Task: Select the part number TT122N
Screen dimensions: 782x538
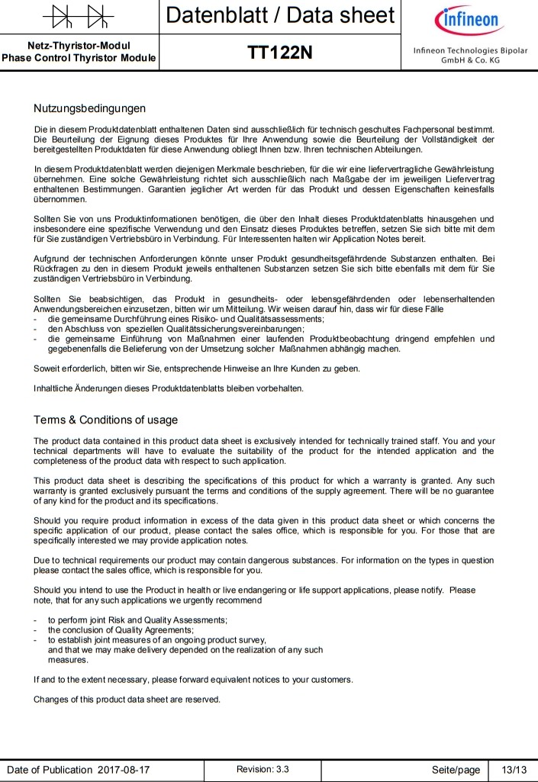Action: pos(280,53)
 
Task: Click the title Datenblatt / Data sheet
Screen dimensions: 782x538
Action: pos(280,15)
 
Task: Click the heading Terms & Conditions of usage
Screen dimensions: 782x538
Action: pos(105,420)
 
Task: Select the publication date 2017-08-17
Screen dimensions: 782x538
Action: pos(124,770)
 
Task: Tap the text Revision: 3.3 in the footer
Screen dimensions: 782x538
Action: pos(263,769)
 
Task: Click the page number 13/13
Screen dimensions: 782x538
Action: pos(509,770)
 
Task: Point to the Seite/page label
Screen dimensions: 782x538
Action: pos(456,770)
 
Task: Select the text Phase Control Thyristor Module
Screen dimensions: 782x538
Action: pos(79,58)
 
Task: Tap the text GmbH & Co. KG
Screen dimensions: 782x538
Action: pos(470,60)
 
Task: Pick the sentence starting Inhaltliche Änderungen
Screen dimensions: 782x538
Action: pos(169,388)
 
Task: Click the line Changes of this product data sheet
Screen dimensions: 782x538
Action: pos(127,700)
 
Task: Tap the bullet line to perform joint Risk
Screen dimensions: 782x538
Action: pos(137,619)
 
